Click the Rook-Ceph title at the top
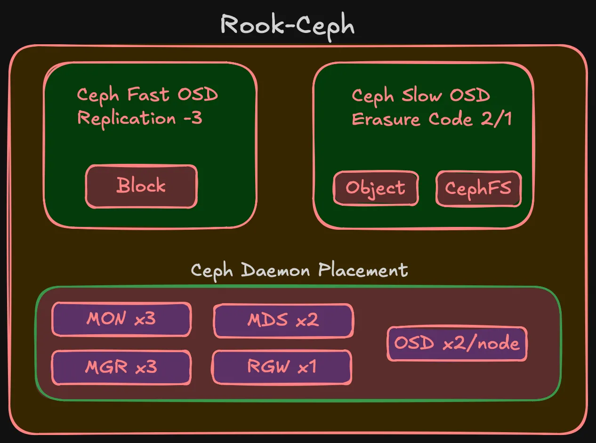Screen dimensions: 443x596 click(x=287, y=24)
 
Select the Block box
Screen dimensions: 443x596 click(x=141, y=185)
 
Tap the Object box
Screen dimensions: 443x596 click(x=375, y=188)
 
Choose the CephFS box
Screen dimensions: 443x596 click(x=478, y=188)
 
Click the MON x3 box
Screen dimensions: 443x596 click(x=121, y=319)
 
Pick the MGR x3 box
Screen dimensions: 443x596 click(x=121, y=367)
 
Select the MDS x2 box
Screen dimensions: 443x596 click(x=283, y=320)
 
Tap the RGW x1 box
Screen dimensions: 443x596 click(x=282, y=367)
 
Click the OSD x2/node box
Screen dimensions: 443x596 click(x=457, y=344)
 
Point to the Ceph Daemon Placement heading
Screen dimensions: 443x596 click(x=299, y=271)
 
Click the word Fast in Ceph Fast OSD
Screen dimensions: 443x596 click(x=148, y=95)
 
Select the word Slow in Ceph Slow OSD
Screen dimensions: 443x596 click(x=422, y=96)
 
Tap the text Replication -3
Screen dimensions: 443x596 click(x=139, y=118)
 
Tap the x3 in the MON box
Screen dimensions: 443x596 click(x=145, y=319)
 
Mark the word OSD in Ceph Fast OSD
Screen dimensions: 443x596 click(x=198, y=95)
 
